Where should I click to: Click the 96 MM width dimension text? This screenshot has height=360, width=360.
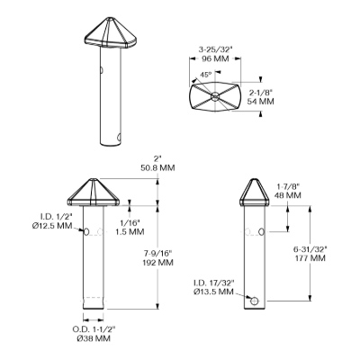coord(215,58)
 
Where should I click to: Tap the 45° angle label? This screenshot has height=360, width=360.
coord(206,75)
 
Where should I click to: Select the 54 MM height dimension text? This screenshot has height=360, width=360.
coord(261,102)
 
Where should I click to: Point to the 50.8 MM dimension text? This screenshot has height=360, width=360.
coord(157,167)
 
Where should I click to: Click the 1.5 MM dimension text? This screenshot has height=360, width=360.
coord(130,231)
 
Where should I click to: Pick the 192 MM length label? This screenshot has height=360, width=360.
coord(158,263)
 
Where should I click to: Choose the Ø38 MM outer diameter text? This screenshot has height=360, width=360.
coord(94,338)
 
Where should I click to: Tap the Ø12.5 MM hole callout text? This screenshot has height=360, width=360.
coord(52,225)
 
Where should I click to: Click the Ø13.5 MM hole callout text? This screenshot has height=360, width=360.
coord(213,292)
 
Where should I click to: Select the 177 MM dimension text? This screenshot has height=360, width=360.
coord(310,257)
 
